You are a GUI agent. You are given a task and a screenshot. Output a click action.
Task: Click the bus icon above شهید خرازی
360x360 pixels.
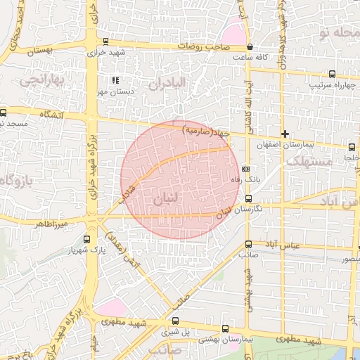(105, 41)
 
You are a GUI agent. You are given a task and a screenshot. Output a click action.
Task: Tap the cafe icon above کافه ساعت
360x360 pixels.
(250, 47)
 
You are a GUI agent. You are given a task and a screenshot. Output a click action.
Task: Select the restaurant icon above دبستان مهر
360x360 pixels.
(114, 81)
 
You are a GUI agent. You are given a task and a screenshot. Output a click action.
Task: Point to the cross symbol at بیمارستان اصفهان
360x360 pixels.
(285, 134)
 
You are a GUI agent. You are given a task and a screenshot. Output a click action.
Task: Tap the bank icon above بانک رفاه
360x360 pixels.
(245, 169)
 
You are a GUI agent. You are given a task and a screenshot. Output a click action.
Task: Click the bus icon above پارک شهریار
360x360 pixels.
(86, 239)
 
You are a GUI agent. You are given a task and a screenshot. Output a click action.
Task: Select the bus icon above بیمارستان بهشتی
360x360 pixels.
(225, 328)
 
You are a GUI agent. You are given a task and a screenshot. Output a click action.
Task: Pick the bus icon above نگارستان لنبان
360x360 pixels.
(247, 199)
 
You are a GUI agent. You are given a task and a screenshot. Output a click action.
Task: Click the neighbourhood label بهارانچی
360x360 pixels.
(41, 82)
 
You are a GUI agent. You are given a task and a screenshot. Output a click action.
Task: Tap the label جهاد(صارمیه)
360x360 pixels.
(206, 131)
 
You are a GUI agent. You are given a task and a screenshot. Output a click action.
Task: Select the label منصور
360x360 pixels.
(347, 260)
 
